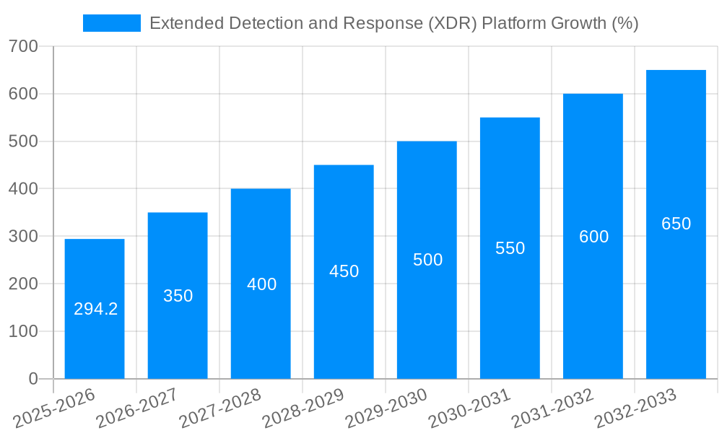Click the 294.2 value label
95,309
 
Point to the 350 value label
178,296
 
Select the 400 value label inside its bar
261,284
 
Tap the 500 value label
427,260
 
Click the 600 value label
593,237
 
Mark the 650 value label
676,224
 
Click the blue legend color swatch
112,23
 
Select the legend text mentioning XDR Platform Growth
393,23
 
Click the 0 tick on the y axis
33,379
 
